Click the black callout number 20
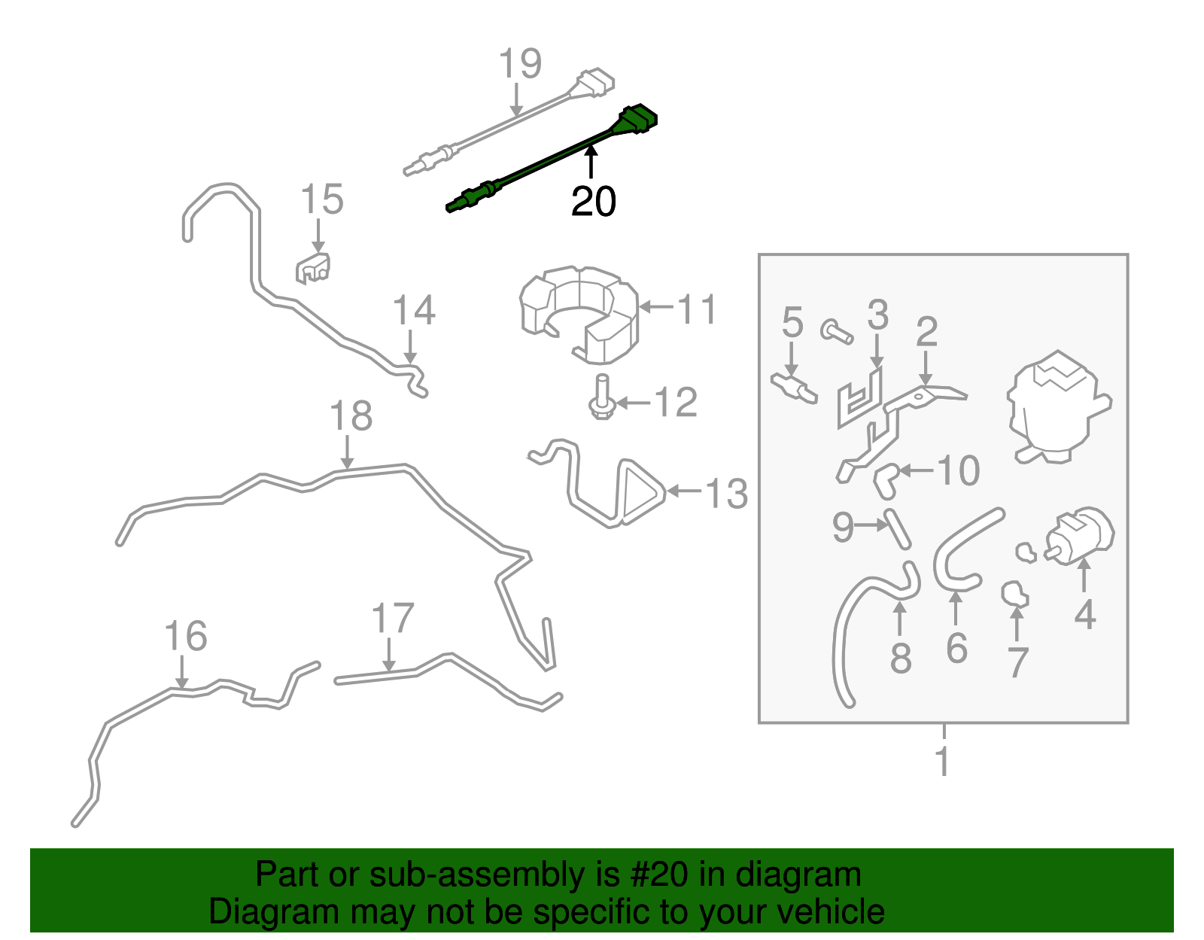coord(593,202)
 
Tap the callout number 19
coord(520,64)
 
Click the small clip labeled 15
coord(313,268)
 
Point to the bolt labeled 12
coord(601,399)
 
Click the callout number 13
coord(726,494)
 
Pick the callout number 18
coord(351,416)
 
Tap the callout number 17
coord(393,619)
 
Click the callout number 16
coord(186,637)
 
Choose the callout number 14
coord(414,311)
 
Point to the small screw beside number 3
coord(836,330)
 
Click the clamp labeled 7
coord(1014,595)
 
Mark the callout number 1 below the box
coord(943,762)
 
